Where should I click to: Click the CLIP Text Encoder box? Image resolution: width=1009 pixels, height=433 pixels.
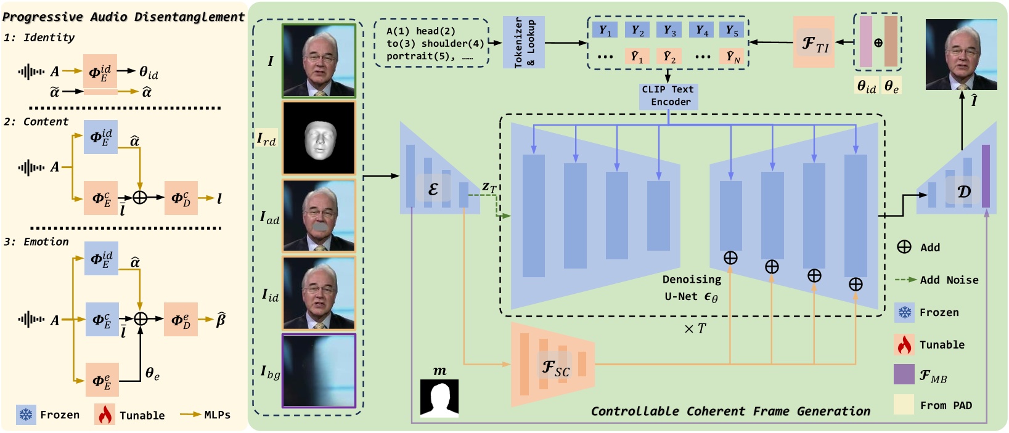point(669,96)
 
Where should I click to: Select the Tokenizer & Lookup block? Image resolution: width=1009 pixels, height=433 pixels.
point(524,42)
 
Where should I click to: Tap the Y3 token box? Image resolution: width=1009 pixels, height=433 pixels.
point(669,30)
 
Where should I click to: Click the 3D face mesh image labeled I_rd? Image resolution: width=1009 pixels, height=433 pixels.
point(319,139)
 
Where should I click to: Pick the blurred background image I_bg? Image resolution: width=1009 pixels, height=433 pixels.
point(319,371)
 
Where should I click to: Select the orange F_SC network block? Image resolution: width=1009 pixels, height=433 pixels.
point(553,365)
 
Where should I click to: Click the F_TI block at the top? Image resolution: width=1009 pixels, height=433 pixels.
point(814,42)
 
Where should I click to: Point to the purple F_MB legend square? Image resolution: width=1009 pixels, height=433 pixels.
point(904,374)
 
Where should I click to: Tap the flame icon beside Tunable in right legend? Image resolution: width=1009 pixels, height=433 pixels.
point(904,345)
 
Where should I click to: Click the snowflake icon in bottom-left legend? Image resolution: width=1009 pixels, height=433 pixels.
point(26,415)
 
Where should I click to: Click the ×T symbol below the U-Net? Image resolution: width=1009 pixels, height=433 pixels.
point(695,329)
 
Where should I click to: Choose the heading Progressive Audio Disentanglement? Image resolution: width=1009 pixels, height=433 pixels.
point(124,17)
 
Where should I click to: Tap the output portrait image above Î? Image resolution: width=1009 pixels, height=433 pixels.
point(961,54)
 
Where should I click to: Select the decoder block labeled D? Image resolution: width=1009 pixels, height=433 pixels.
point(963,191)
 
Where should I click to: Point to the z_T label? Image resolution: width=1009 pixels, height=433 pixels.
point(489,187)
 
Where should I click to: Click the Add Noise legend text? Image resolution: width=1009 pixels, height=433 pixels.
point(949,280)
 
